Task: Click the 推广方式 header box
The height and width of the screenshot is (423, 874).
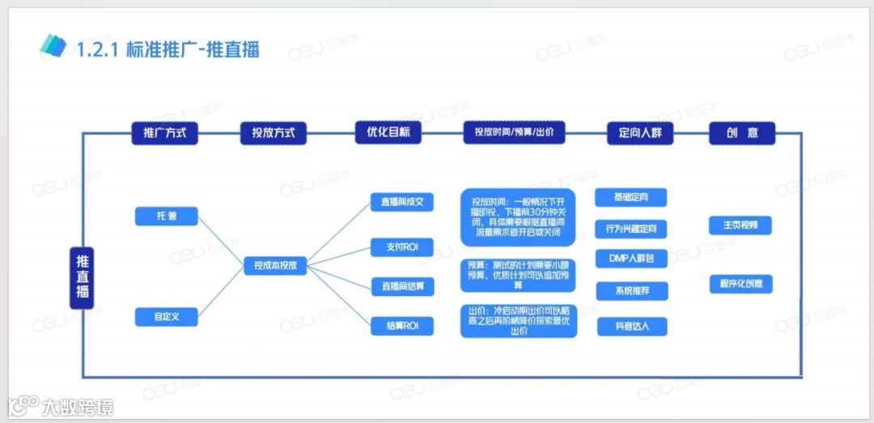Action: pyautogui.click(x=164, y=133)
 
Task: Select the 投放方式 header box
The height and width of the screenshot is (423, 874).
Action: pyautogui.click(x=274, y=133)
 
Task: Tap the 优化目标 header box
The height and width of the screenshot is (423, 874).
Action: pyautogui.click(x=388, y=133)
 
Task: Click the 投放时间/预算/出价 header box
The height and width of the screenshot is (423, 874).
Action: pyautogui.click(x=515, y=133)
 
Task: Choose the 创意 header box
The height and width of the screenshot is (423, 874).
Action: pyautogui.click(x=742, y=133)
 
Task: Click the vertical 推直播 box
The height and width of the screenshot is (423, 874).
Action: pyautogui.click(x=82, y=277)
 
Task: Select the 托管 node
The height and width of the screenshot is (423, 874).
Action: pyautogui.click(x=167, y=216)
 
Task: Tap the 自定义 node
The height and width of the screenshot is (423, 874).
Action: pyautogui.click(x=167, y=317)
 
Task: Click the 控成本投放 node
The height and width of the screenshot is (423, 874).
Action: pyautogui.click(x=275, y=265)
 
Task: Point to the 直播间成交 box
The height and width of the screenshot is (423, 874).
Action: pyautogui.click(x=402, y=201)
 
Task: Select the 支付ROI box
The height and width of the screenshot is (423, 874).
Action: pyautogui.click(x=402, y=247)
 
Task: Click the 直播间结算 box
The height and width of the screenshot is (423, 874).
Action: pyautogui.click(x=402, y=286)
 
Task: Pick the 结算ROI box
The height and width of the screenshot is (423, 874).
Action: pyautogui.click(x=402, y=326)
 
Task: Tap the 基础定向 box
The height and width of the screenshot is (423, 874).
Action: pyautogui.click(x=631, y=197)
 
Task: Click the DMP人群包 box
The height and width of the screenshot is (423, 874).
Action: pyautogui.click(x=631, y=259)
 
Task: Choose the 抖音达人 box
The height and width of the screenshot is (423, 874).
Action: pyautogui.click(x=631, y=326)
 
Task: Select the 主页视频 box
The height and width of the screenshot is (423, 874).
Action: pyautogui.click(x=740, y=225)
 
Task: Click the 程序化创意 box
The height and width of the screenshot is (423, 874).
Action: pyautogui.click(x=740, y=284)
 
